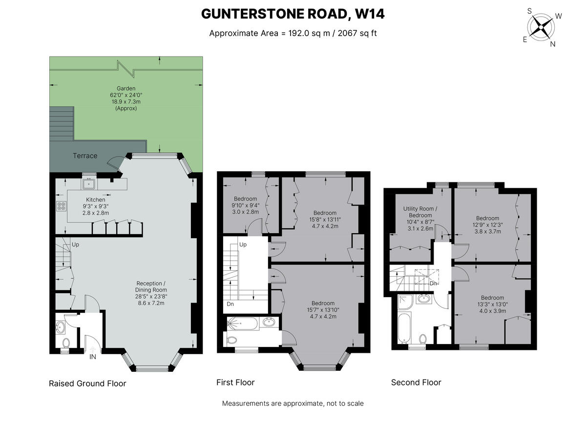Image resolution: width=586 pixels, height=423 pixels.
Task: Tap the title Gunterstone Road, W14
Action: (293, 14)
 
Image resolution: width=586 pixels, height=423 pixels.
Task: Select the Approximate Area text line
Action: (293, 33)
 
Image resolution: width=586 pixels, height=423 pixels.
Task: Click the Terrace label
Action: (85, 156)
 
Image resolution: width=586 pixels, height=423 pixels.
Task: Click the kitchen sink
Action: (89, 184)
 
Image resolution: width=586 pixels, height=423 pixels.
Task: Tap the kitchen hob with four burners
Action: (62, 206)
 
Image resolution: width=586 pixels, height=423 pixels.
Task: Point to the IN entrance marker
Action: (93, 357)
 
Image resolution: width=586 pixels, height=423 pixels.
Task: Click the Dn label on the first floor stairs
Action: (230, 304)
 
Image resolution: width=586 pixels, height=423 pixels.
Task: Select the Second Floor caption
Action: (416, 383)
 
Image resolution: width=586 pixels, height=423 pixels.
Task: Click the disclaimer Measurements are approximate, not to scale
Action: (293, 403)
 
